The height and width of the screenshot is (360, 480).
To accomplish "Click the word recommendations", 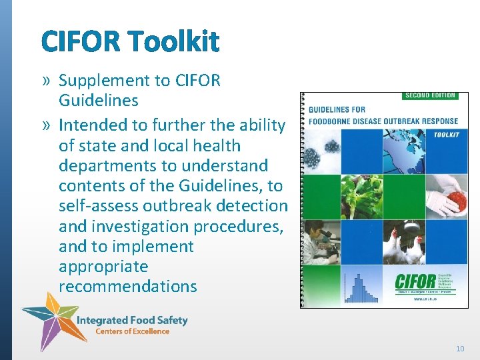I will [128, 287].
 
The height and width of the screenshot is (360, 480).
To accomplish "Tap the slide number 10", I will [460, 348].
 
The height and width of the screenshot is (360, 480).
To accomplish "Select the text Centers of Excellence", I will [132, 331].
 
